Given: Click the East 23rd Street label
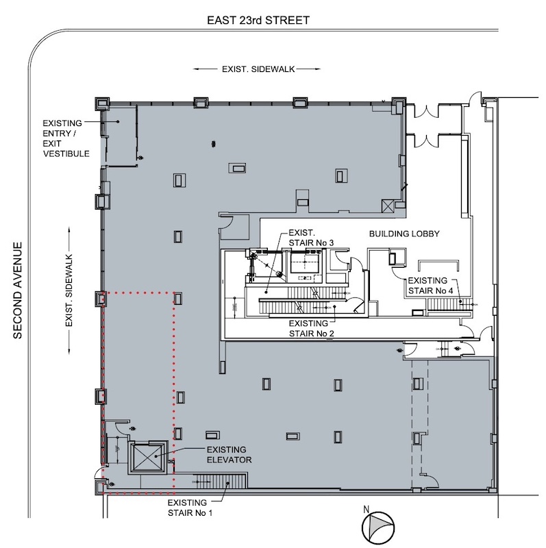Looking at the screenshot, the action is pos(258,21).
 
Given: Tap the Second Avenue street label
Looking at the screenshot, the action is pos(18,290).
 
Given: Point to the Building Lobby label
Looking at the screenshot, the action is pos(404,234).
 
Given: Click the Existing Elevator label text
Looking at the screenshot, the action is pos(229,455).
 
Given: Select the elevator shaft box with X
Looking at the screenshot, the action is pos(148,457).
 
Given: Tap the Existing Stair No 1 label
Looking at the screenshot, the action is pos(190,508).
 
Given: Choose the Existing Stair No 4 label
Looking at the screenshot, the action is pos(430,286).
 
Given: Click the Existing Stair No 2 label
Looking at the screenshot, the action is pos(311,329).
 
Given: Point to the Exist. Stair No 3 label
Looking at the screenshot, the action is pos(311,238).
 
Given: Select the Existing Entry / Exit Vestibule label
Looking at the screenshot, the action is pos(66,138).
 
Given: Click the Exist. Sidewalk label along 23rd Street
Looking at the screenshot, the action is pos(258,69).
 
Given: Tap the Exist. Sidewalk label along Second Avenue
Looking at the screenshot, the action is pos(69,290).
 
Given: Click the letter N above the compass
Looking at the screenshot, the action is pos(366,509).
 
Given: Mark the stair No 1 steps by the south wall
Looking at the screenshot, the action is pos(221,482).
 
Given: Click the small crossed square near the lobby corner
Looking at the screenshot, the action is pos(388,206).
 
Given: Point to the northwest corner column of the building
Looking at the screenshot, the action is pos(102,103).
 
